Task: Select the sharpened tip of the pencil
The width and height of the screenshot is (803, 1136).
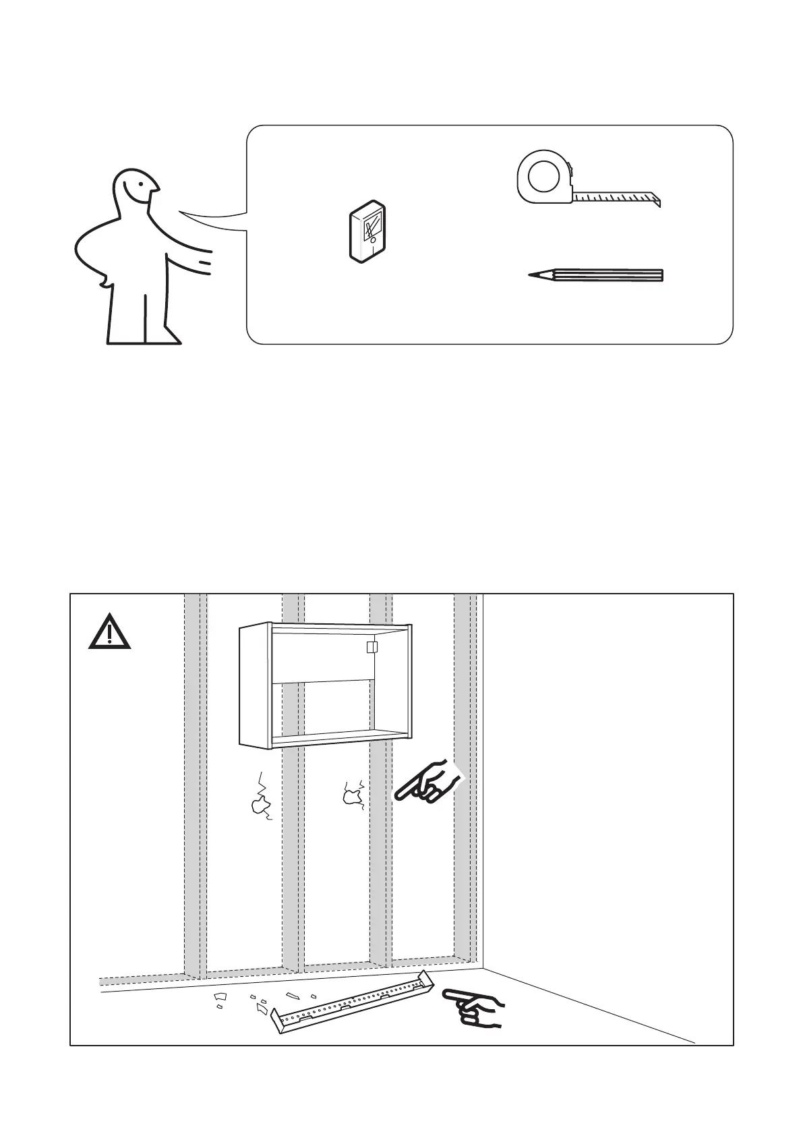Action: (533, 275)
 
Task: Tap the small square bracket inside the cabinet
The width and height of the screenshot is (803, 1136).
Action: (370, 648)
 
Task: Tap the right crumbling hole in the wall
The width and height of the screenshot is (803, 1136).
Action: (352, 796)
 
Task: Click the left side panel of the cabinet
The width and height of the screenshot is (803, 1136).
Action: (256, 685)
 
